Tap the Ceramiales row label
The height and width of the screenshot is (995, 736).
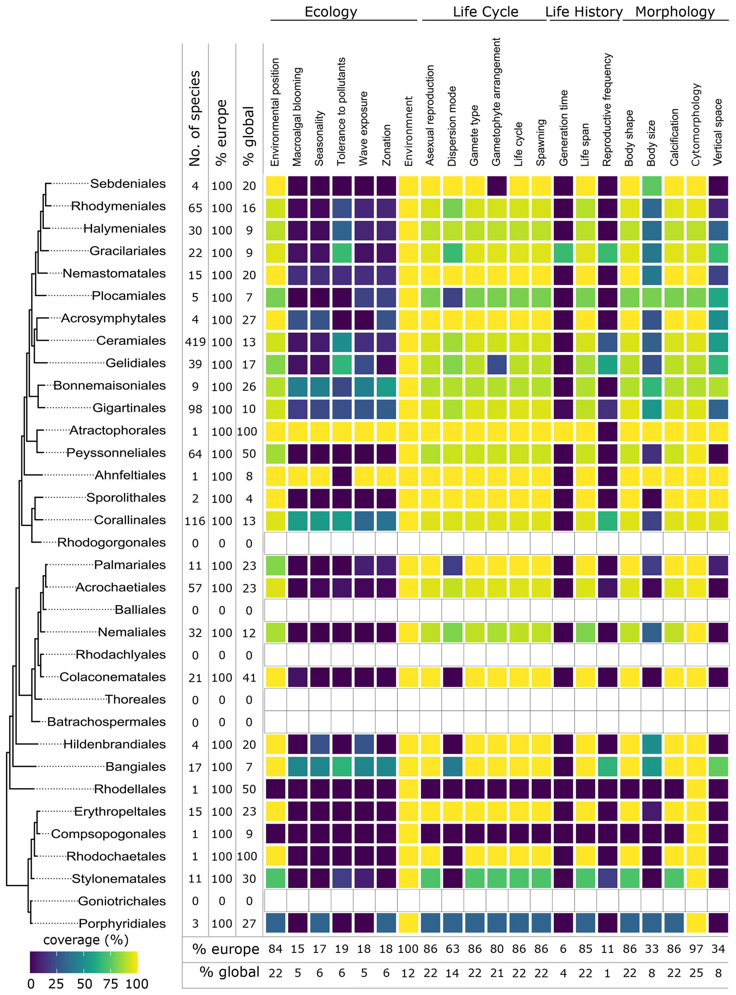point(131,341)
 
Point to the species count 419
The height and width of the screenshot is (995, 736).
point(195,342)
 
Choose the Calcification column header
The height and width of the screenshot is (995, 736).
point(674,137)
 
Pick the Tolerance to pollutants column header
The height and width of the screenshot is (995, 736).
point(341,112)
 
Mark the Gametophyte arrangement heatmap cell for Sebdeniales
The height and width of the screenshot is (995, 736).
point(497,186)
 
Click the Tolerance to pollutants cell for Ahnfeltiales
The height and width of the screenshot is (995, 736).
point(341,476)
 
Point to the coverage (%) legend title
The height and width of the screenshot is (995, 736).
point(86,940)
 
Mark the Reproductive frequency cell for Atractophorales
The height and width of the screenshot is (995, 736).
point(607,432)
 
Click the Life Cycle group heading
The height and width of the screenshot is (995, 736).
point(485,12)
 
